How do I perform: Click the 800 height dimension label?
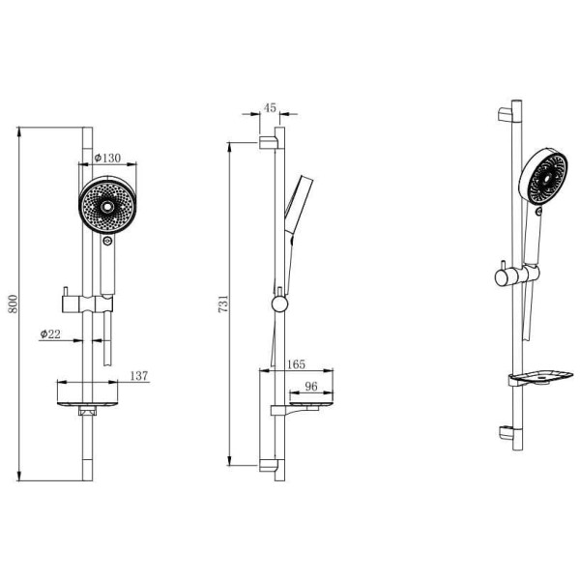click(14, 304)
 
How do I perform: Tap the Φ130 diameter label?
click(107, 158)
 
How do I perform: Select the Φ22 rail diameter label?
click(50, 334)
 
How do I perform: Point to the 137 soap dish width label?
click(139, 376)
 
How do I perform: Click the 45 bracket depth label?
click(270, 107)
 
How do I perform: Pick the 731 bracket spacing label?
click(223, 304)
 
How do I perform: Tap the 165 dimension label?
click(297, 364)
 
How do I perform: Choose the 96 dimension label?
click(311, 386)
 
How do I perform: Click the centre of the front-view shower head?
click(107, 207)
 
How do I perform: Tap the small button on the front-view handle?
click(107, 242)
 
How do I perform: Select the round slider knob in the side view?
click(279, 304)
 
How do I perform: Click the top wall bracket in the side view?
click(268, 143)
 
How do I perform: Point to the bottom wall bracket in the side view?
click(268, 465)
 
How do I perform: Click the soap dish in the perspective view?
click(540, 378)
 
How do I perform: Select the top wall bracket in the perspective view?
click(506, 115)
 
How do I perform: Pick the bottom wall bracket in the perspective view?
click(506, 433)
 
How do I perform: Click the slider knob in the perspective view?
click(504, 277)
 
